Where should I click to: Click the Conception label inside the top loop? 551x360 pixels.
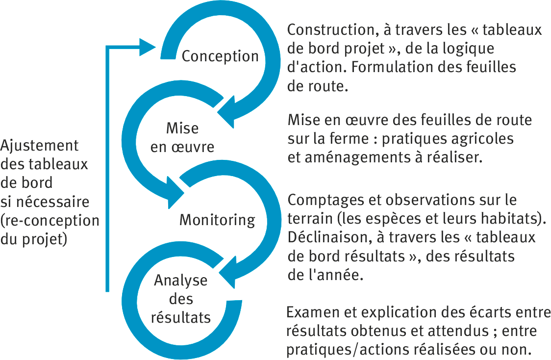coord(220,56)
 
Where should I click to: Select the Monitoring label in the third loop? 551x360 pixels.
coord(217,220)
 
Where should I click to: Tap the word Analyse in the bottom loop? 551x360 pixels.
coord(180,281)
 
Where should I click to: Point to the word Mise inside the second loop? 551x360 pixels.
coord(182,128)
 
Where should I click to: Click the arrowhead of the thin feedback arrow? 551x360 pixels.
coord(148,47)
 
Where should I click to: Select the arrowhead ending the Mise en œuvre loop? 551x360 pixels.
coord(175,193)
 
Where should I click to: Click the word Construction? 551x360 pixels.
coord(331,30)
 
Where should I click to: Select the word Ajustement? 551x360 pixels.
coord(39,146)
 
